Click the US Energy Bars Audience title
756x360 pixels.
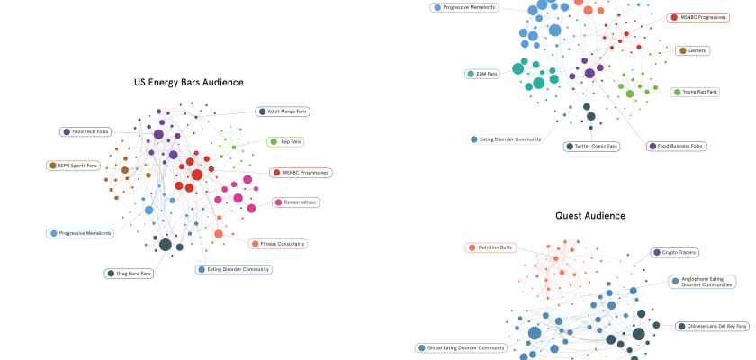point(188,82)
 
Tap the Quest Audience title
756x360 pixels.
point(590,216)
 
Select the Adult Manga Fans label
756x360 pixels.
point(282,112)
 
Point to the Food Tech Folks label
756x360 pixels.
point(85,131)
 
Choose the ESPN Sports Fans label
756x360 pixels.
point(73,166)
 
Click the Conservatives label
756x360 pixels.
point(296,202)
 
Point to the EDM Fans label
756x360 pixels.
point(483,74)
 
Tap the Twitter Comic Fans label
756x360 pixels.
point(591,146)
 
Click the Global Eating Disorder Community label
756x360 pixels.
point(461,347)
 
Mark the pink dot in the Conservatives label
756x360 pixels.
point(279,202)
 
